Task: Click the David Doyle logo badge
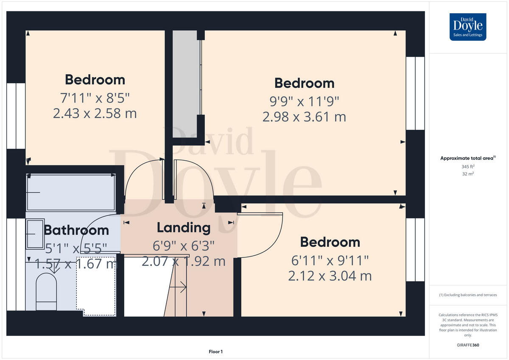[x=468, y=27]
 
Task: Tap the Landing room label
[x=184, y=228]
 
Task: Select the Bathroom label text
[x=76, y=230]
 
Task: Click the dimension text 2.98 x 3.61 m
[x=304, y=116]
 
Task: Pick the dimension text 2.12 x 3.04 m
[x=330, y=276]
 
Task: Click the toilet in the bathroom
[x=46, y=292]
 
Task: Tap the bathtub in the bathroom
[x=71, y=193]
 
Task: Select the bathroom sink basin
[x=35, y=234]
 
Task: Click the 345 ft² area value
[x=468, y=167]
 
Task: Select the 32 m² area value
[x=468, y=174]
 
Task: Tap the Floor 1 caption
[x=215, y=352]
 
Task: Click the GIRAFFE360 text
[x=468, y=345]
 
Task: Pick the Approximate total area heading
[x=467, y=158]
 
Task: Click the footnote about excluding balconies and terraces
[x=468, y=295]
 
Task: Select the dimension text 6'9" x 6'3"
[x=184, y=246]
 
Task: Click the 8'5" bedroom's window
[x=16, y=116]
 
